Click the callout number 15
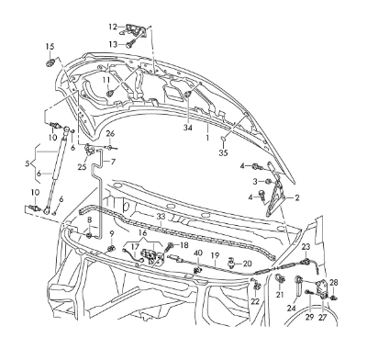click(x=50, y=47)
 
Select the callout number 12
click(x=113, y=27)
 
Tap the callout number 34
click(x=188, y=128)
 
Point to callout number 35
click(x=224, y=152)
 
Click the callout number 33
click(x=161, y=217)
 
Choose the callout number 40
click(x=198, y=253)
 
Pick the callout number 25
click(x=82, y=167)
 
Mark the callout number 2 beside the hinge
click(x=296, y=197)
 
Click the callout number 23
click(x=306, y=246)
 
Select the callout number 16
click(x=142, y=233)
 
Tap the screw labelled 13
click(x=130, y=43)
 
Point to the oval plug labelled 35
click(x=224, y=140)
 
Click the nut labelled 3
click(x=269, y=182)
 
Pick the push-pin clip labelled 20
click(x=230, y=264)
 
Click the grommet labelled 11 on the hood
click(x=110, y=92)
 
